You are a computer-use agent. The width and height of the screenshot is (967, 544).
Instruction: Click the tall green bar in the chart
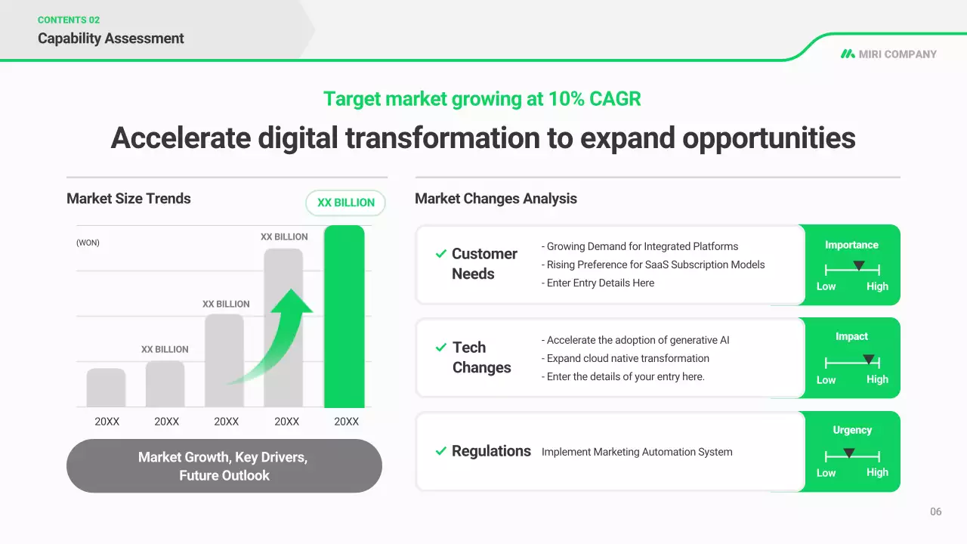pyautogui.click(x=344, y=317)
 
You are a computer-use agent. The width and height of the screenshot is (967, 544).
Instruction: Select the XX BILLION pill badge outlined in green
pyautogui.click(x=345, y=203)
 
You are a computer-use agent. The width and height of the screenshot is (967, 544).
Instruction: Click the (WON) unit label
pyautogui.click(x=88, y=243)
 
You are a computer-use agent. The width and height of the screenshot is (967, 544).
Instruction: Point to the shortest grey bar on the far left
pyautogui.click(x=106, y=388)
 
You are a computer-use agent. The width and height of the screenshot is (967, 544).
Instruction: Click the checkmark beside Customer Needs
pyautogui.click(x=440, y=253)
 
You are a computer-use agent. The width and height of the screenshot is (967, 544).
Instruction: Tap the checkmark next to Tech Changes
pyautogui.click(x=440, y=347)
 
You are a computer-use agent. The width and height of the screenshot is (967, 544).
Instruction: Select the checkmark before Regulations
pyautogui.click(x=440, y=451)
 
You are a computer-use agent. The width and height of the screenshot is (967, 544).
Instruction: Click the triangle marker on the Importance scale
pyautogui.click(x=859, y=265)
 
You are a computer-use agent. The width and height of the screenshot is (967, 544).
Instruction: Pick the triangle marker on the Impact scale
pyautogui.click(x=869, y=359)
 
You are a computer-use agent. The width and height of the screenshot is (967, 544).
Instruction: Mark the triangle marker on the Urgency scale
pyautogui.click(x=848, y=453)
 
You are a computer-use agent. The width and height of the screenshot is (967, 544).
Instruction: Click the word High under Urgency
pyautogui.click(x=877, y=472)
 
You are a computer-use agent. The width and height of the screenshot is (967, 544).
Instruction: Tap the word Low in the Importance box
pyautogui.click(x=826, y=286)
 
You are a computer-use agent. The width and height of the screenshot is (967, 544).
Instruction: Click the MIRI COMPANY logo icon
pyautogui.click(x=848, y=54)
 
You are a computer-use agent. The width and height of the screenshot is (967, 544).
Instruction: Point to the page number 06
pyautogui.click(x=935, y=512)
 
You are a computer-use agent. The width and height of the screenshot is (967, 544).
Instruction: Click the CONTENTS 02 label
pyautogui.click(x=69, y=20)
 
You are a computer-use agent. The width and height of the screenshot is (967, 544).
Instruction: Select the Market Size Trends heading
pyautogui.click(x=128, y=199)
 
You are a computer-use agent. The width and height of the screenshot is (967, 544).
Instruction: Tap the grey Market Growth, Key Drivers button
pyautogui.click(x=224, y=466)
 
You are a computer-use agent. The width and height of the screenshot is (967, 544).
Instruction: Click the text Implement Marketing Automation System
pyautogui.click(x=637, y=452)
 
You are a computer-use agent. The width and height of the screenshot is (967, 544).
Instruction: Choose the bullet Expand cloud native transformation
pyautogui.click(x=626, y=358)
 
